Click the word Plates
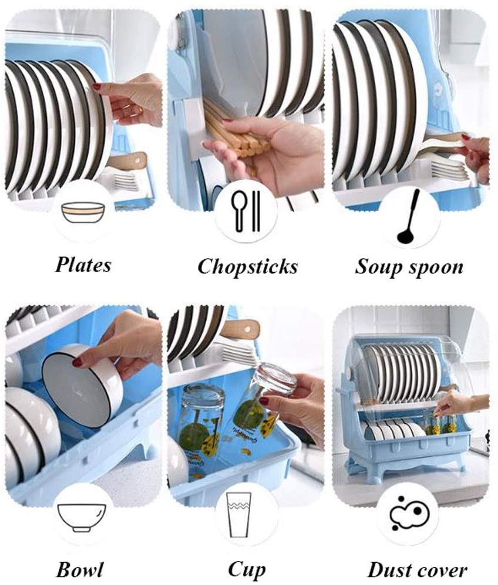coord(83,265)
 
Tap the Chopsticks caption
coord(247,267)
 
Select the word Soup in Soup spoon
coord(378,267)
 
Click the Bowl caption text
coord(80,569)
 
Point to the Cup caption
coord(246,570)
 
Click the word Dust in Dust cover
coord(388,569)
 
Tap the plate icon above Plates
coord(83,212)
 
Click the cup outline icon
coord(245,514)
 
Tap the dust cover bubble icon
coord(409,513)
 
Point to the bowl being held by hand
coord(82,385)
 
